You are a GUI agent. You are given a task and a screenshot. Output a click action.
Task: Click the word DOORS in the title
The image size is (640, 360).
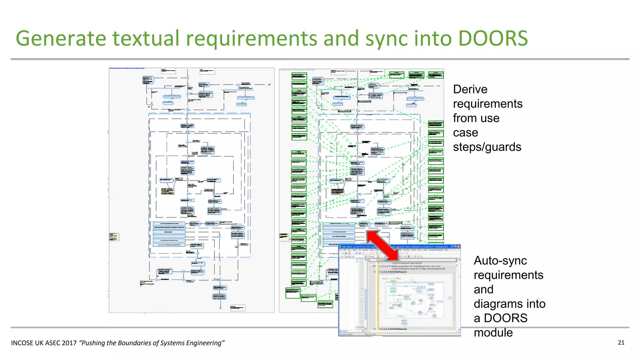click(x=493, y=38)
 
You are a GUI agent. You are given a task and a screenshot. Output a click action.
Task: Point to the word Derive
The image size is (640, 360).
click(x=470, y=89)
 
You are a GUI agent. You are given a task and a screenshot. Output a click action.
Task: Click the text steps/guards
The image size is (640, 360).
click(x=487, y=147)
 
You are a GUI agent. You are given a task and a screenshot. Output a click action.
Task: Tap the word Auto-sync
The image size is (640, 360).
click(x=500, y=261)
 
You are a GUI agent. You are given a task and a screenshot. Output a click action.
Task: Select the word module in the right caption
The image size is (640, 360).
click(x=493, y=332)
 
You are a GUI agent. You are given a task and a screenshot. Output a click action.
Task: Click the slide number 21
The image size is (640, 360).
click(x=621, y=342)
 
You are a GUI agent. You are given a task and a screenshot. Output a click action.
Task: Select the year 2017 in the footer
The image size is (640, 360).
click(x=69, y=343)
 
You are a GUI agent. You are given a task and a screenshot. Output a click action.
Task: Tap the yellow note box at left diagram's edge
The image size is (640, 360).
click(x=114, y=237)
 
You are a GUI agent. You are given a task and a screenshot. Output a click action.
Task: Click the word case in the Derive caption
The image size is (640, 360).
click(x=465, y=132)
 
